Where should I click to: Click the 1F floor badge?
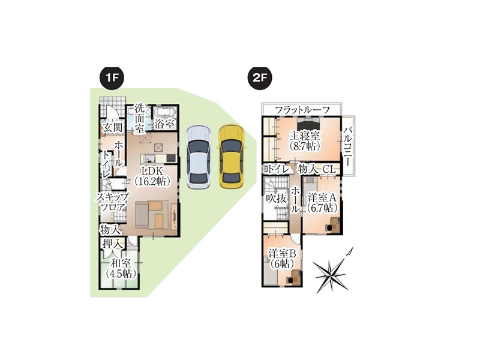tap(112, 78)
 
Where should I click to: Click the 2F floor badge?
tap(259, 78)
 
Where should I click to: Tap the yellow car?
tap(231, 156)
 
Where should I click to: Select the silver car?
tap(199, 157)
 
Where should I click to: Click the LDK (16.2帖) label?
tap(152, 176)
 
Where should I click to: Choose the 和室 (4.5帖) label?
tap(121, 268)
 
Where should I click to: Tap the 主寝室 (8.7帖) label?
tap(305, 140)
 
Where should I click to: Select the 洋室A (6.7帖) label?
tap(322, 203)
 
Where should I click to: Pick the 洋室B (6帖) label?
tap(282, 259)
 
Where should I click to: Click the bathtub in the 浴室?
tap(164, 112)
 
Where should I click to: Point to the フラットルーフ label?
tap(302, 110)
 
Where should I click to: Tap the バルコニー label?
tap(348, 146)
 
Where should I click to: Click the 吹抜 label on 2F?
tap(276, 199)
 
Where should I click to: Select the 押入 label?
tap(113, 244)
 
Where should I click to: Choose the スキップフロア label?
tap(113, 202)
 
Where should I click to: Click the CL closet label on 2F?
tap(329, 169)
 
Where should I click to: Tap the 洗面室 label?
tap(140, 118)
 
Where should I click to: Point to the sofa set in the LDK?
tap(152, 214)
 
